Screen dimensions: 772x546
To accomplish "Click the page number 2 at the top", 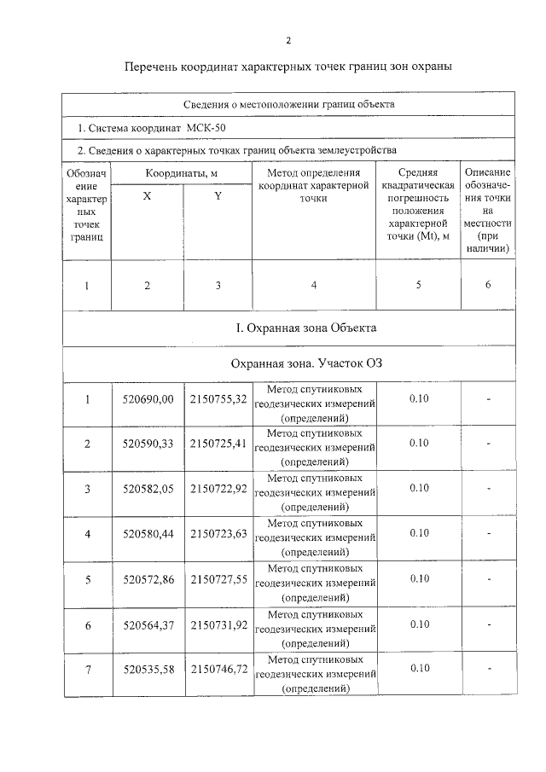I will (288, 40).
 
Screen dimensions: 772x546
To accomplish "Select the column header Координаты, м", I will (182, 174).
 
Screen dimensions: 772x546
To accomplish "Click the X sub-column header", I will (147, 195).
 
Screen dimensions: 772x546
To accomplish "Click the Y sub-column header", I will (218, 195).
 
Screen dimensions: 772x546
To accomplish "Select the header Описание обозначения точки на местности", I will (487, 210).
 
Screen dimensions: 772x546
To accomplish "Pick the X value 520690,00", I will (148, 398).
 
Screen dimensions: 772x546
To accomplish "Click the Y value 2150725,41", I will (218, 443).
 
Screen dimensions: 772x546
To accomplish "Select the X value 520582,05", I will (148, 488).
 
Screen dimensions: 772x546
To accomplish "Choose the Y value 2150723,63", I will (218, 533).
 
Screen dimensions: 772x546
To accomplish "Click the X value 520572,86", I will (148, 578).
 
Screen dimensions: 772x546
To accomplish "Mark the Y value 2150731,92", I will (218, 624).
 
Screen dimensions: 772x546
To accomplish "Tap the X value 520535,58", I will (148, 669).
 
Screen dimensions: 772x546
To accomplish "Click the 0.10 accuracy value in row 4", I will (418, 533).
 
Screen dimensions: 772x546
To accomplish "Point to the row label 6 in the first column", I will (87, 625).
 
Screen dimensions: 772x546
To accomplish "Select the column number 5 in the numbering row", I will (418, 285).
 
